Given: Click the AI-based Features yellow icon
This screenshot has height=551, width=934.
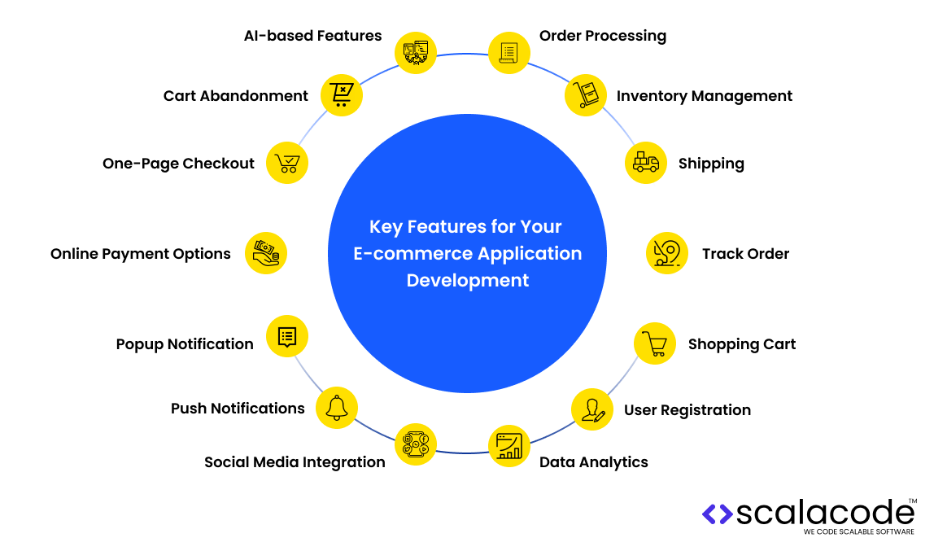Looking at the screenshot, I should [x=416, y=53].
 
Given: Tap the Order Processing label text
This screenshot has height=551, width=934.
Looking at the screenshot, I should [x=602, y=36].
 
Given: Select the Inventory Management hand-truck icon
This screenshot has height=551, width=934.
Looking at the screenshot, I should [x=587, y=94].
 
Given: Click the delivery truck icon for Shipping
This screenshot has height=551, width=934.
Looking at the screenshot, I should [x=646, y=162].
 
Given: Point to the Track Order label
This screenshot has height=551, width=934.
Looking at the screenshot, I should [x=745, y=254].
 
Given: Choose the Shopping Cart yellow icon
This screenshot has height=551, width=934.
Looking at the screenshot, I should [x=655, y=343].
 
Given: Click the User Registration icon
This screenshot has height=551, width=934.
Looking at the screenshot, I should [x=592, y=409].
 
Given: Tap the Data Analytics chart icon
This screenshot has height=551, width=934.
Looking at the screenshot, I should [x=509, y=446].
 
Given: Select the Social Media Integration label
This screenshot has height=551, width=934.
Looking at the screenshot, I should [x=295, y=462].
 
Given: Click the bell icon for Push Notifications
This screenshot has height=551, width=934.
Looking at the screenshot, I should [x=336, y=407].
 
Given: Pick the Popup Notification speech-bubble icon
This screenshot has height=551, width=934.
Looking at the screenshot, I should [x=287, y=336].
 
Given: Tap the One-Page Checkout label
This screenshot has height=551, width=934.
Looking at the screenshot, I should [x=178, y=164].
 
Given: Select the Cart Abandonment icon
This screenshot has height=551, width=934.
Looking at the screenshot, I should [x=342, y=94].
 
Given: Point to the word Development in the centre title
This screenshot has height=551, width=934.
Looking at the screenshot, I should [x=468, y=281].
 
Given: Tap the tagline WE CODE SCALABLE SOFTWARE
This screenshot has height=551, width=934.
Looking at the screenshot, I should [x=858, y=531].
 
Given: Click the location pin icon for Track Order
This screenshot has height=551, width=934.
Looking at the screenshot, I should [x=667, y=252].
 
